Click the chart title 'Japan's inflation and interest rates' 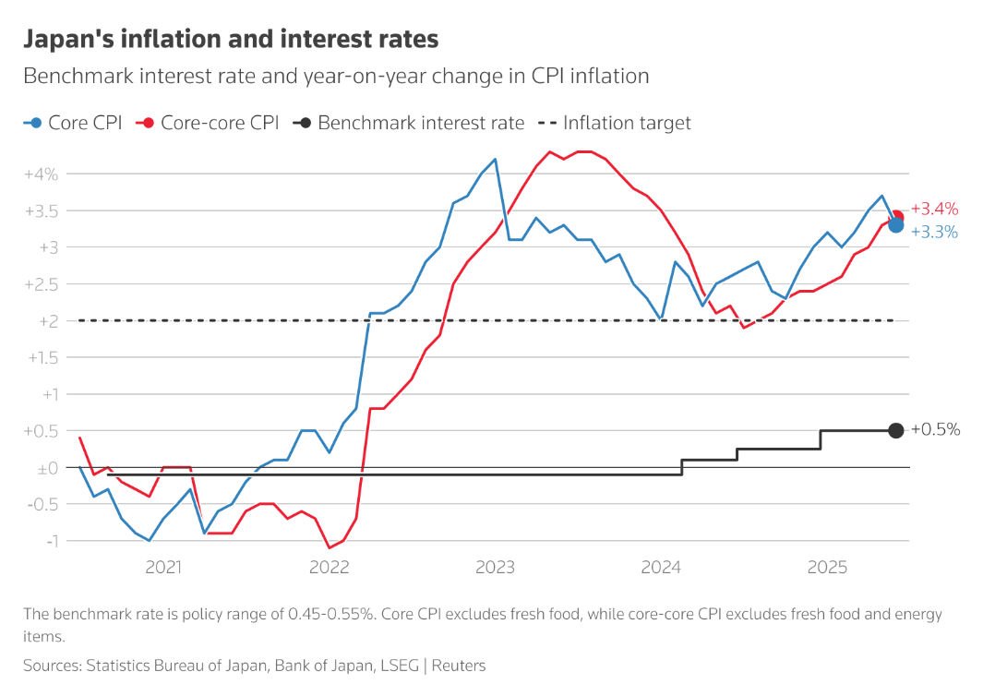coord(230,40)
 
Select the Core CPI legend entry coord(73,123)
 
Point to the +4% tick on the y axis coord(42,174)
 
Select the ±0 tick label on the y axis coord(47,468)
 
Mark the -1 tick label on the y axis coord(50,541)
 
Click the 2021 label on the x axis coord(163,568)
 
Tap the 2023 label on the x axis coord(495,568)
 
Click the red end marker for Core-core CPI coord(896,216)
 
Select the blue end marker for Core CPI coord(895,225)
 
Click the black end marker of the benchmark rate coord(895,430)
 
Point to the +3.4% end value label coord(934,210)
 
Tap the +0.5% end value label coord(935,430)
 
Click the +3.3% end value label coord(934,233)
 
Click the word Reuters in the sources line coord(459,665)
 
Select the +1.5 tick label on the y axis coord(42,358)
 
